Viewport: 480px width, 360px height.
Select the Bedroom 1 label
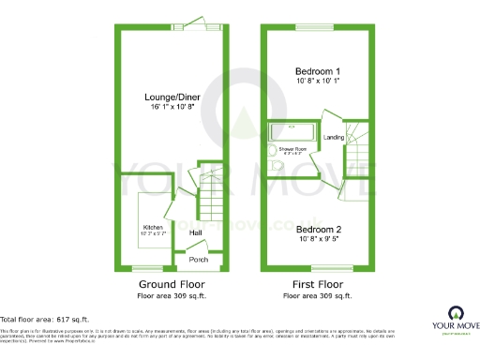[318, 71]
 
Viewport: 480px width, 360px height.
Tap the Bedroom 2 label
[318, 229]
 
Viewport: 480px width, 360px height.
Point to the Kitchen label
[154, 228]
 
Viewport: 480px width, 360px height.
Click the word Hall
[196, 232]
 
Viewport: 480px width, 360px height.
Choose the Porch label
[198, 260]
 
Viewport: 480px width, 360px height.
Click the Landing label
[333, 138]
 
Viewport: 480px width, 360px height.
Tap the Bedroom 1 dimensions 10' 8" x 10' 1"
[318, 82]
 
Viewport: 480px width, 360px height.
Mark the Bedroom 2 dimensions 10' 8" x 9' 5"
[318, 239]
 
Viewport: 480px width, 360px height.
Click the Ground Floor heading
[171, 283]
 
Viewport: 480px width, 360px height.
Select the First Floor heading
[317, 283]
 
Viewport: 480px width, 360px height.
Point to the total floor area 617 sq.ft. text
[44, 320]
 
